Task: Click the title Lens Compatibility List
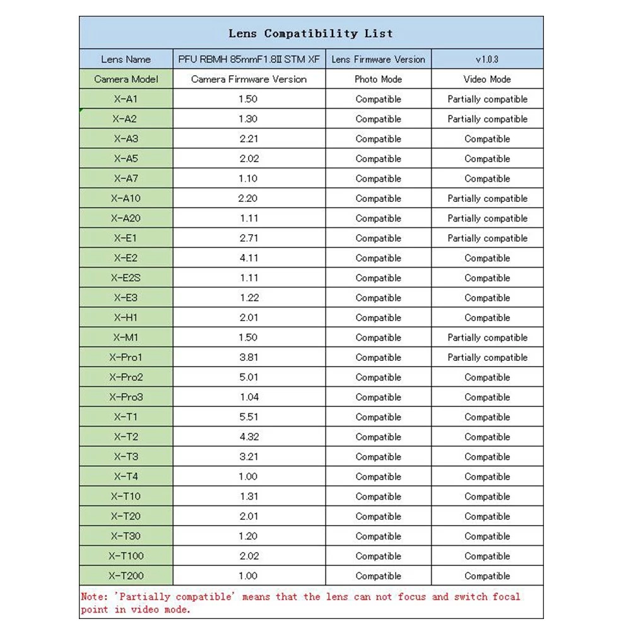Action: click(x=310, y=33)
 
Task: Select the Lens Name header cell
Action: click(x=126, y=59)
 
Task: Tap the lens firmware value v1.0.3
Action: click(x=487, y=59)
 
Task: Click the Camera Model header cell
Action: click(x=126, y=80)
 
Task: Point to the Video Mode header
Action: click(x=487, y=80)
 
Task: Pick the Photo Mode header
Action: click(x=378, y=80)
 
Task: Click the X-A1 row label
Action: click(x=126, y=99)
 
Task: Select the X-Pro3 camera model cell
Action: click(x=126, y=397)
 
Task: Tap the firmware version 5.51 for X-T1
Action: click(x=249, y=417)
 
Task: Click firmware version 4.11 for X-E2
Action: click(x=249, y=258)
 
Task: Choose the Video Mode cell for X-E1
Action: click(x=487, y=239)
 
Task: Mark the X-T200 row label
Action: click(x=126, y=576)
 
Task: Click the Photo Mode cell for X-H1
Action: click(x=378, y=317)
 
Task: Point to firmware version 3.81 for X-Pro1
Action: click(x=249, y=357)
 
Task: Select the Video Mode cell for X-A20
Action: click(x=487, y=218)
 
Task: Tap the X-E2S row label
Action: click(x=126, y=278)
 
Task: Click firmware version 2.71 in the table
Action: click(x=249, y=239)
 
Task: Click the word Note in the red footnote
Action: click(x=93, y=597)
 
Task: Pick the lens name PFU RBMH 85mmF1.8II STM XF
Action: click(x=249, y=59)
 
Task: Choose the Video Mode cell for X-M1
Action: click(x=487, y=338)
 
